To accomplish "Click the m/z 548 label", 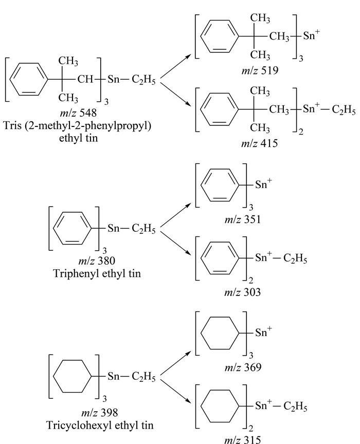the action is pyautogui.click(x=78, y=113).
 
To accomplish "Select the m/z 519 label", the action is pyautogui.click(x=260, y=70).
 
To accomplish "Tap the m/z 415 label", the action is pyautogui.click(x=259, y=143).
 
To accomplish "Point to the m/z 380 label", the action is pyautogui.click(x=97, y=261).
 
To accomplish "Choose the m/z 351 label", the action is pyautogui.click(x=242, y=219).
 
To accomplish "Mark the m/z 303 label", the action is pyautogui.click(x=242, y=292).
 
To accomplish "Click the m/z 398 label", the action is pyautogui.click(x=99, y=413).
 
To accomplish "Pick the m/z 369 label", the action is pyautogui.click(x=243, y=367).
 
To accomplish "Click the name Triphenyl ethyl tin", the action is pyautogui.click(x=97, y=273).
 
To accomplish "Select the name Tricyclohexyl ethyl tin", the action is pyautogui.click(x=100, y=425).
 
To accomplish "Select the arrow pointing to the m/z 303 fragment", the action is pyautogui.click(x=175, y=243).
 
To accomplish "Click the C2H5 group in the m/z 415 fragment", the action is pyautogui.click(x=344, y=110).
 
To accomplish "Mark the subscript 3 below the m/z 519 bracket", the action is pyautogui.click(x=301, y=59).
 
